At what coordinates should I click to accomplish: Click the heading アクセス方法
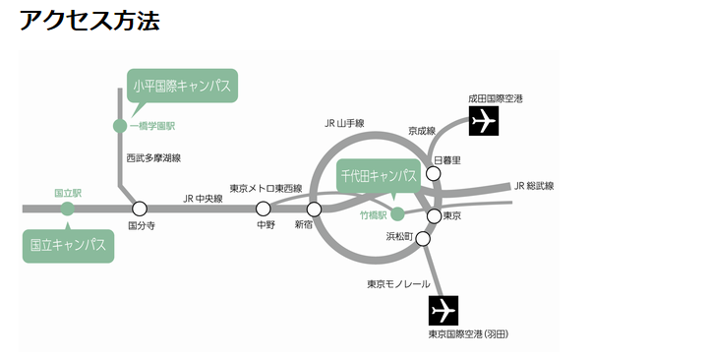coord(89,21)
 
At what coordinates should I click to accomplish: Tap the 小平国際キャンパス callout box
coord(182,86)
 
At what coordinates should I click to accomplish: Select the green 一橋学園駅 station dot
coord(120,126)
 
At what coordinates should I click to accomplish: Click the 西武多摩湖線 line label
coord(153,157)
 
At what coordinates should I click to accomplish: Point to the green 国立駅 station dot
coord(67,209)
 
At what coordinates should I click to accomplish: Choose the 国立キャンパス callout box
coord(68,245)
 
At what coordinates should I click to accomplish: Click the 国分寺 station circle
coord(140,209)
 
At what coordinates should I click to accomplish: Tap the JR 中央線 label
coord(203,199)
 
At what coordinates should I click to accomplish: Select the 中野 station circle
coord(264,209)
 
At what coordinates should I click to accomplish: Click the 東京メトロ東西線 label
coord(267,188)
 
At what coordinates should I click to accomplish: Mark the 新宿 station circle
coord(315,209)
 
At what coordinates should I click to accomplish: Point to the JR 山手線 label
coord(344,124)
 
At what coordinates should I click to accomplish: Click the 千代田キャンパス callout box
coord(379,176)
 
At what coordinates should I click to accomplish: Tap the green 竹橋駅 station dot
coord(397,213)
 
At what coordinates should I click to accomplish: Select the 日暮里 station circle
coord(434,174)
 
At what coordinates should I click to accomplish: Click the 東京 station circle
coord(434,215)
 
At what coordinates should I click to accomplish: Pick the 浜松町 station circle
coord(424,238)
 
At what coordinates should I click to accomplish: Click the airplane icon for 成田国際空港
coord(484,121)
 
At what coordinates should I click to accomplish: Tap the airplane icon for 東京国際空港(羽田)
coord(444,310)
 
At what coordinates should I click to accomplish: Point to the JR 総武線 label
coord(534,186)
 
